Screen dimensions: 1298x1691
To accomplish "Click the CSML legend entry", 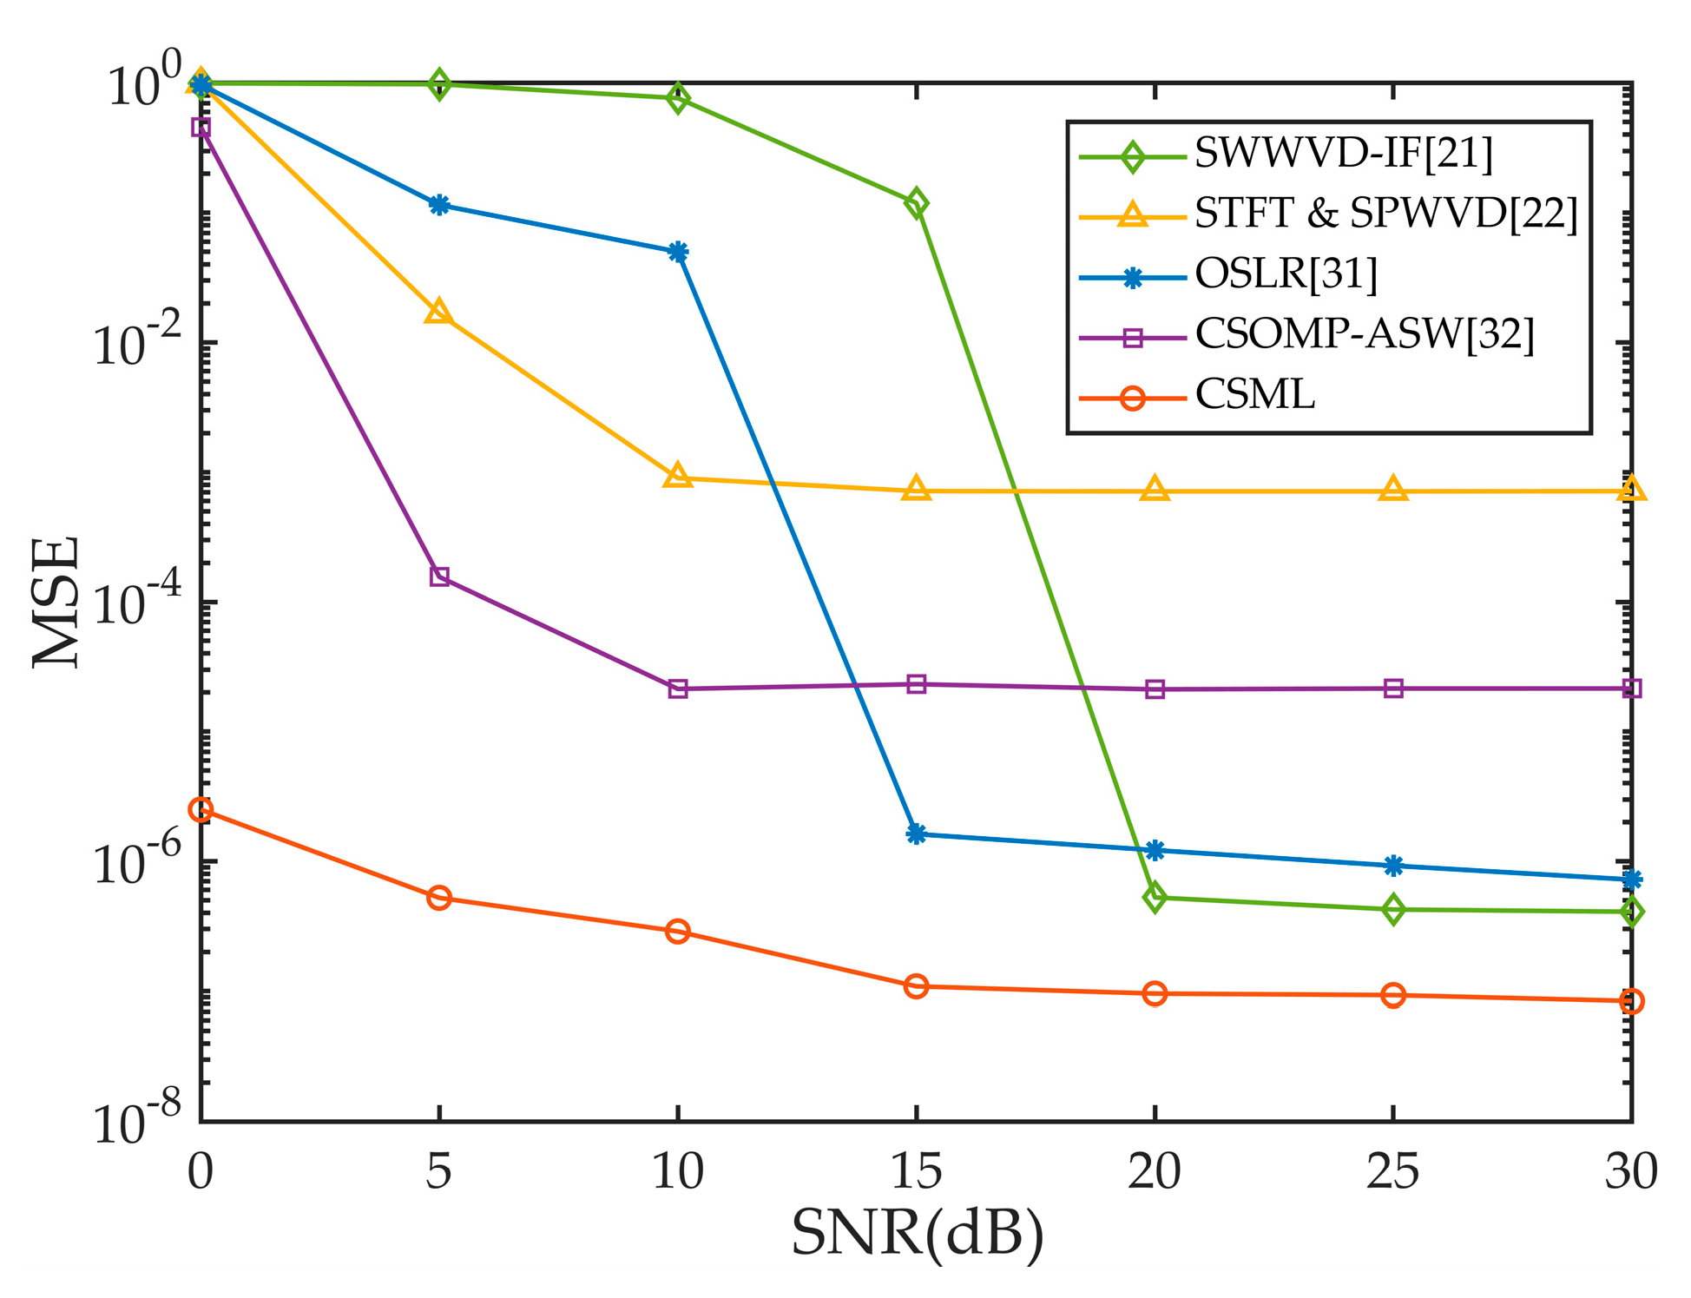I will [1254, 395].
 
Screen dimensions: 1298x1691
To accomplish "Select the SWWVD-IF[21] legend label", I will [1343, 154].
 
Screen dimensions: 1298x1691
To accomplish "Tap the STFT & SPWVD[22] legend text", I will [1385, 214].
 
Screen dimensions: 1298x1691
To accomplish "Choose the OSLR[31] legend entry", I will [1286, 274].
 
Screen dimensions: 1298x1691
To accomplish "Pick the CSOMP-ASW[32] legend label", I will [1364, 334].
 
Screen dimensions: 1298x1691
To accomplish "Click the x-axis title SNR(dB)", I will [917, 1233].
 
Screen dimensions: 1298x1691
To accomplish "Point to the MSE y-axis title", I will [57, 602].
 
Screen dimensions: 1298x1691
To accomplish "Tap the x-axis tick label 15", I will [916, 1171].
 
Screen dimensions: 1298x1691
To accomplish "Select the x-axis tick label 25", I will [1392, 1171].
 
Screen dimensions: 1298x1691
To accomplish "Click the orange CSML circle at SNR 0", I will [201, 809].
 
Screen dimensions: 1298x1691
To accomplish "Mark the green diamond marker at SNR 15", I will [916, 204].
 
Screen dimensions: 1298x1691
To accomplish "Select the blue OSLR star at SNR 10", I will [678, 252].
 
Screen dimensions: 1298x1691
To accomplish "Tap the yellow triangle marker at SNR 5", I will [439, 312].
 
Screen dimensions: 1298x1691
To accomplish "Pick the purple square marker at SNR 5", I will [439, 577].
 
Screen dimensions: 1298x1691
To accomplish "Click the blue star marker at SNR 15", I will [916, 833].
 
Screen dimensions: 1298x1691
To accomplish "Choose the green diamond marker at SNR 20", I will [1155, 897].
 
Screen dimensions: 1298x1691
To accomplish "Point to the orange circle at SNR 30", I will [1631, 1001].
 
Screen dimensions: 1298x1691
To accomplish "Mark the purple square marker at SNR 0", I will [201, 128].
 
